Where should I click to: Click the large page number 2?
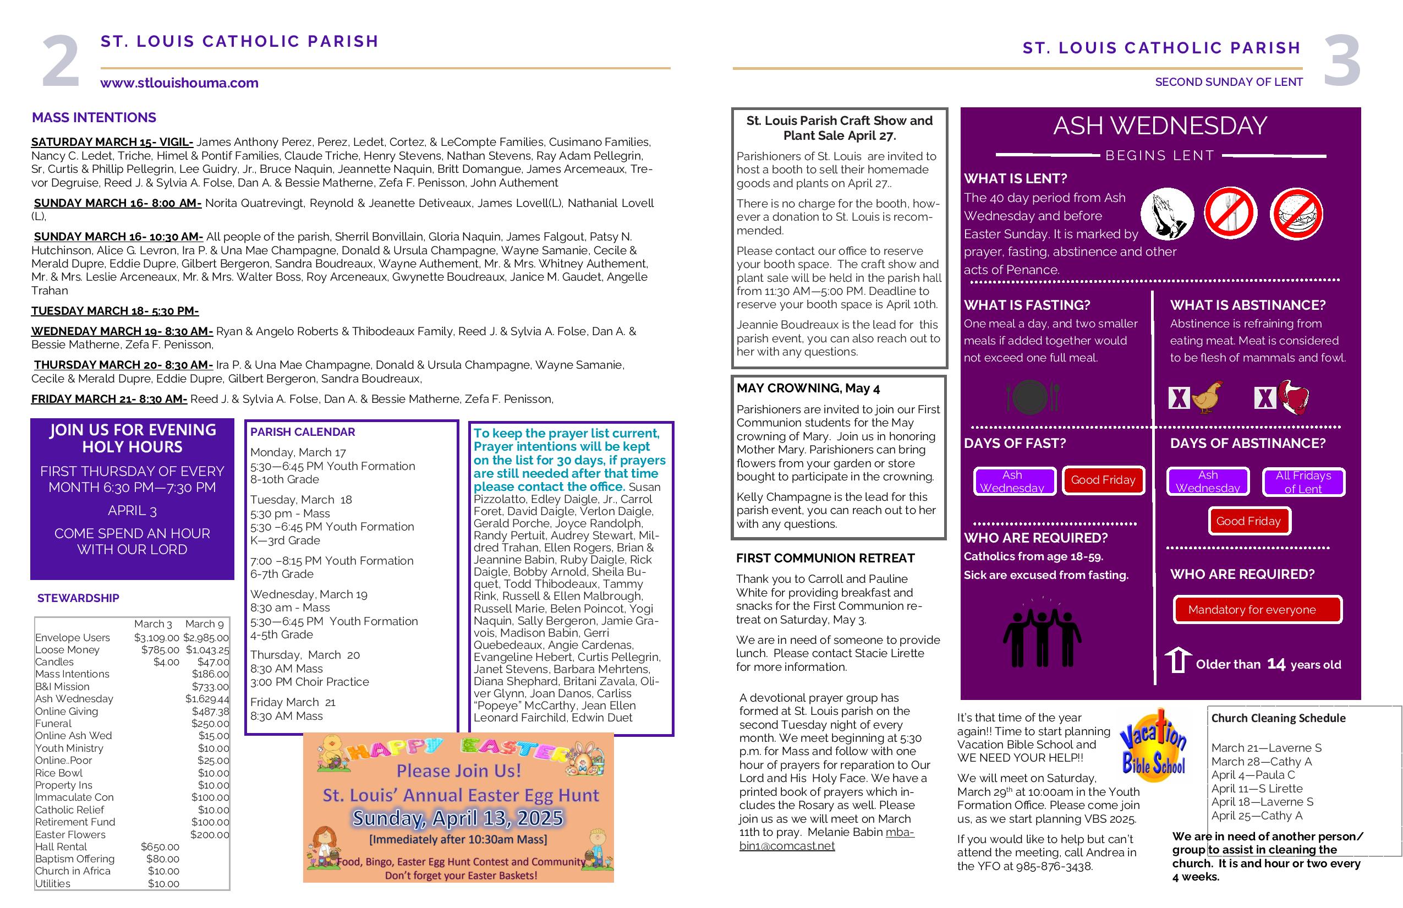pyautogui.click(x=61, y=61)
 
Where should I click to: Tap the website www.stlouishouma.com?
pyautogui.click(x=179, y=83)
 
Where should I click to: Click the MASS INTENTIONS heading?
pyautogui.click(x=94, y=117)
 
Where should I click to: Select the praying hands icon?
pyautogui.click(x=1166, y=214)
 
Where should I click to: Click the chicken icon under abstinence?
pyautogui.click(x=1207, y=397)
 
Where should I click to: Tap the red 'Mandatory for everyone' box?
pyautogui.click(x=1257, y=610)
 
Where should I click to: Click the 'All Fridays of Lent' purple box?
pyautogui.click(x=1303, y=482)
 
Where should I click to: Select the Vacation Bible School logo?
pyautogui.click(x=1153, y=745)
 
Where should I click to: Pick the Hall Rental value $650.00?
pyautogui.click(x=160, y=847)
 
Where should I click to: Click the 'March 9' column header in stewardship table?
pyautogui.click(x=205, y=624)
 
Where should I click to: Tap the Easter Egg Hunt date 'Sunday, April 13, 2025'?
pyautogui.click(x=458, y=818)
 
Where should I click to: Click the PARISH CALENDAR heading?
pyautogui.click(x=303, y=431)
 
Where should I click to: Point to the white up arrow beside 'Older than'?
pyautogui.click(x=1178, y=660)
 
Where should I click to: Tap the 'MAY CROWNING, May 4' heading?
pyautogui.click(x=808, y=388)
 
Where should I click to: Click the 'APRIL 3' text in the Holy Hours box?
pyautogui.click(x=132, y=511)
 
